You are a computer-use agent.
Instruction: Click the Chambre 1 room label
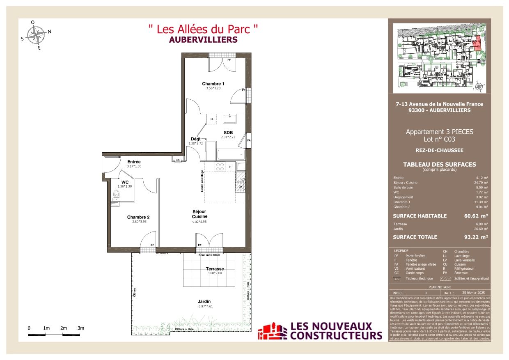(x=213, y=84)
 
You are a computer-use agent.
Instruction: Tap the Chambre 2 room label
(x=138, y=217)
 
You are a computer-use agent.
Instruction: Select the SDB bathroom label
(x=228, y=132)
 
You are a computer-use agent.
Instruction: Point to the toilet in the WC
(x=116, y=194)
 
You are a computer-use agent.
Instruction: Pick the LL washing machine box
(x=212, y=119)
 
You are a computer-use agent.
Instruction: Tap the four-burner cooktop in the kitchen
(x=220, y=167)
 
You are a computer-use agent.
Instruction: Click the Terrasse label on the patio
(x=215, y=269)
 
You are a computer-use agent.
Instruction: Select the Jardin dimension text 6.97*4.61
(x=206, y=307)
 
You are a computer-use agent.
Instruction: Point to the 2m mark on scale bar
(x=63, y=328)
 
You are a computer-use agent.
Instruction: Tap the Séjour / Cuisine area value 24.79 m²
(x=481, y=183)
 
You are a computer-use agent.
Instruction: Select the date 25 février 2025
(x=473, y=293)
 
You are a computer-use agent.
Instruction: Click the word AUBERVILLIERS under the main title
(x=203, y=40)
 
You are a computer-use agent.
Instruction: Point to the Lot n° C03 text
(x=439, y=139)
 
